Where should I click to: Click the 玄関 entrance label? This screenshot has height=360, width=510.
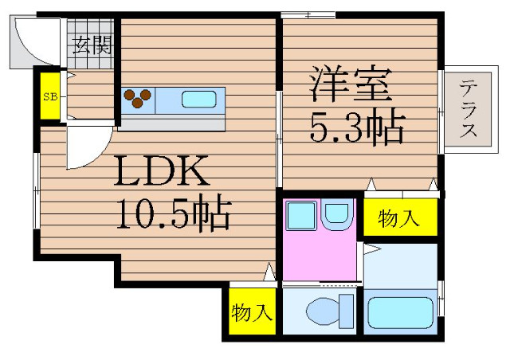[x=92, y=45]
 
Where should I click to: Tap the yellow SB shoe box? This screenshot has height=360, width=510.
[x=50, y=96]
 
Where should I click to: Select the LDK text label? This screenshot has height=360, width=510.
[x=161, y=171]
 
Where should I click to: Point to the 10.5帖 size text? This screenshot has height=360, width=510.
[x=173, y=213]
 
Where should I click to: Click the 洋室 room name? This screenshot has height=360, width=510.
[x=351, y=84]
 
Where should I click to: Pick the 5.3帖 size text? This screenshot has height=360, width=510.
[x=357, y=126]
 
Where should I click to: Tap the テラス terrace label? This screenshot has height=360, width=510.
[x=469, y=109]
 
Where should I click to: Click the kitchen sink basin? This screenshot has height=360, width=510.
[x=198, y=99]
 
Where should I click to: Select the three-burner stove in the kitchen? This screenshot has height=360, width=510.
[x=138, y=98]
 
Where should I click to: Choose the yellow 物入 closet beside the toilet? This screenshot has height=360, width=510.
[x=252, y=311]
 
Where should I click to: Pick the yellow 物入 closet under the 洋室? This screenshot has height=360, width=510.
[x=400, y=217]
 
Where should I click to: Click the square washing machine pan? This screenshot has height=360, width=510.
[x=301, y=216]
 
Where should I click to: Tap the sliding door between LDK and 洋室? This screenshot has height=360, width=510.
[x=279, y=139]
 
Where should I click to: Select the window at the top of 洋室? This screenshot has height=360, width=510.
[x=308, y=14]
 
